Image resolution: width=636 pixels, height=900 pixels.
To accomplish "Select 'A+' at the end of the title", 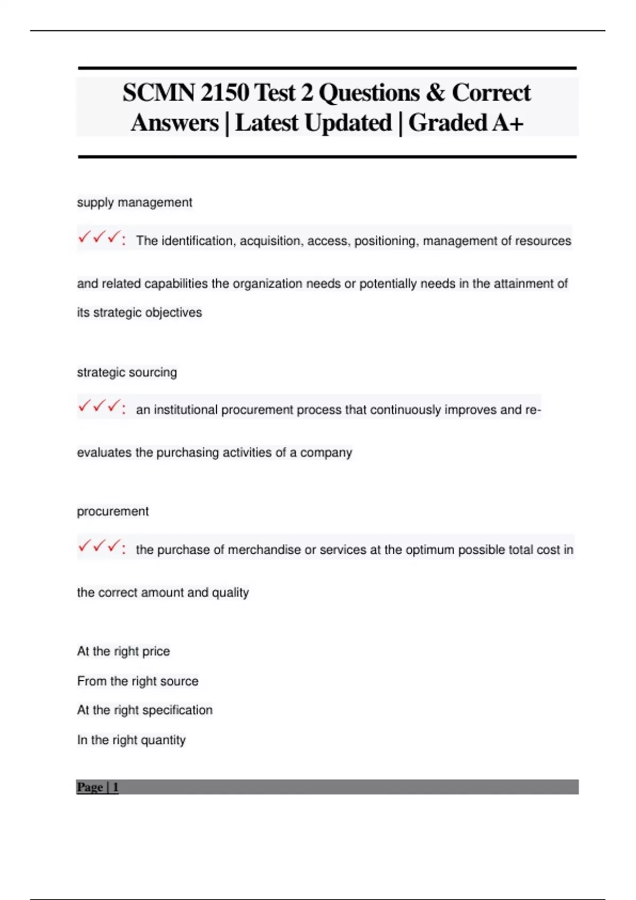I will click(x=507, y=123).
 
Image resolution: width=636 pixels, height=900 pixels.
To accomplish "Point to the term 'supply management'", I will click(x=134, y=202).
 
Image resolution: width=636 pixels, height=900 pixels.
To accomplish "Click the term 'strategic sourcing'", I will click(x=127, y=372).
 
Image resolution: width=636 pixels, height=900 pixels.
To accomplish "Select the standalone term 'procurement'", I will click(x=112, y=511).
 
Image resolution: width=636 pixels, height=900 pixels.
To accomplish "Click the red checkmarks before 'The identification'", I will click(x=99, y=238).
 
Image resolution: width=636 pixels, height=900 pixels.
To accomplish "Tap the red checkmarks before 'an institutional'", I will click(x=99, y=407).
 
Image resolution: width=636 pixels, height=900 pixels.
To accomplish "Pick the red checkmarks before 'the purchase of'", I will click(x=99, y=546).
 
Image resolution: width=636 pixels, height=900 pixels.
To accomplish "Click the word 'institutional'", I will click(x=185, y=410).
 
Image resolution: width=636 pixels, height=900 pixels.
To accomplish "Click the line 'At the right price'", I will click(x=123, y=651).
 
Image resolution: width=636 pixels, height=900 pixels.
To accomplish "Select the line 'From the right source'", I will click(x=137, y=681).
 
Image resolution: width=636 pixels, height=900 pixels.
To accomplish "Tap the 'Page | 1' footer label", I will click(x=98, y=787).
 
